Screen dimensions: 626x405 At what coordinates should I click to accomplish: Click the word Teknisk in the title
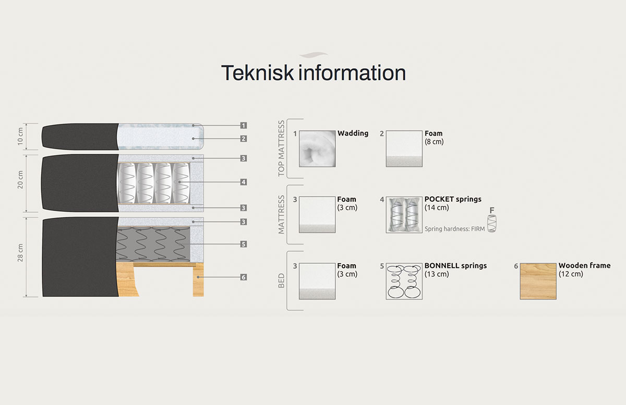pyautogui.click(x=257, y=72)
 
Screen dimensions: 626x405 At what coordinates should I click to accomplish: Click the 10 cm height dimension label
pyautogui.click(x=20, y=137)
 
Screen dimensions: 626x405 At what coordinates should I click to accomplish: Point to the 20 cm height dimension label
pyautogui.click(x=20, y=180)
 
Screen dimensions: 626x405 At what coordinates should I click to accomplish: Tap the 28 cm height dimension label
pyautogui.click(x=20, y=253)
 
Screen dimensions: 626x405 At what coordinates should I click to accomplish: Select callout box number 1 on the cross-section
pyautogui.click(x=244, y=126)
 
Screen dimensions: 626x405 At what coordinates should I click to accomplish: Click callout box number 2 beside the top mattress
pyautogui.click(x=244, y=139)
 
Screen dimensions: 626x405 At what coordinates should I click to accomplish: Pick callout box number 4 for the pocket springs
pyautogui.click(x=244, y=182)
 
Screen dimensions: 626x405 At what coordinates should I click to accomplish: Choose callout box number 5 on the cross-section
pyautogui.click(x=244, y=244)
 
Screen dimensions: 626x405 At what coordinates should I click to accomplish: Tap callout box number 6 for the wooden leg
pyautogui.click(x=244, y=277)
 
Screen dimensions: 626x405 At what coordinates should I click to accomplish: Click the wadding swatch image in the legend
pyautogui.click(x=317, y=149)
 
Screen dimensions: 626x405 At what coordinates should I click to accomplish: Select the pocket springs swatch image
pyautogui.click(x=404, y=215)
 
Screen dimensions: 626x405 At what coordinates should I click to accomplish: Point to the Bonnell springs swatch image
pyautogui.click(x=404, y=281)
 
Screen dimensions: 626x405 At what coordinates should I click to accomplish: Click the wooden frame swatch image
pyautogui.click(x=538, y=281)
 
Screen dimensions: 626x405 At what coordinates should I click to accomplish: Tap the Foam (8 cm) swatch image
pyautogui.click(x=404, y=149)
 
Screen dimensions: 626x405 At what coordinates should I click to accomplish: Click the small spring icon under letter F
pyautogui.click(x=492, y=224)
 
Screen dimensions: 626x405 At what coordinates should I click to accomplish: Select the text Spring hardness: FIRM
pyautogui.click(x=455, y=229)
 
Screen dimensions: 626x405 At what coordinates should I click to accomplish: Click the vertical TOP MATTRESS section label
pyautogui.click(x=281, y=149)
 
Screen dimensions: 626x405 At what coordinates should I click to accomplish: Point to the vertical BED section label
pyautogui.click(x=281, y=281)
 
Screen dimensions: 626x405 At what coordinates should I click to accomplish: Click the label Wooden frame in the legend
pyautogui.click(x=584, y=265)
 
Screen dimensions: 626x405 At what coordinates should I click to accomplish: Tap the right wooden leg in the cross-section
pyautogui.click(x=198, y=279)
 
